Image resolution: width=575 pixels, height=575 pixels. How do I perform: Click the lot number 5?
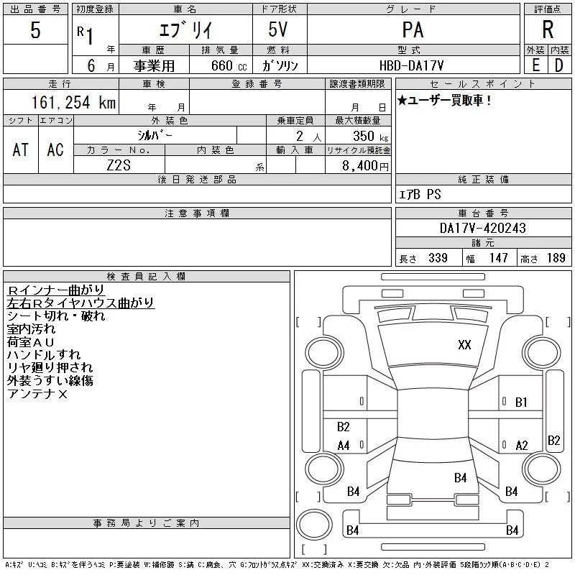35,29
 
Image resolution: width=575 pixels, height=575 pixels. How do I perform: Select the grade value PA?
413,29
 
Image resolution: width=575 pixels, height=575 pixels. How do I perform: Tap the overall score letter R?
548,29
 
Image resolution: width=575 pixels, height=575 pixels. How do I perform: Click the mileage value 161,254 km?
73,102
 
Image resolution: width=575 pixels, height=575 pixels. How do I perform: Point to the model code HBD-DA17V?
411,65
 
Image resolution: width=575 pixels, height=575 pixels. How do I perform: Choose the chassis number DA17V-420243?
482,228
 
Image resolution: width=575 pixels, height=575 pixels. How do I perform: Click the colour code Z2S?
119,165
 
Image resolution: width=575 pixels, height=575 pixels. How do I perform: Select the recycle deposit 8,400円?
365,166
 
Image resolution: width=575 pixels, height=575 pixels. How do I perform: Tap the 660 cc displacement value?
229,65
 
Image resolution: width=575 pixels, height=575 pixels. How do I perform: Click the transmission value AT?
21,149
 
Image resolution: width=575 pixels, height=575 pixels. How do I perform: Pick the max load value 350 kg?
370,136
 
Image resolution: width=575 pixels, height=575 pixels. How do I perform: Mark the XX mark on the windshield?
464,345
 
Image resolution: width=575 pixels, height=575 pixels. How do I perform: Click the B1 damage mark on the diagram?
521,402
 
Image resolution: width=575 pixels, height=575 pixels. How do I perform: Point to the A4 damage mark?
344,446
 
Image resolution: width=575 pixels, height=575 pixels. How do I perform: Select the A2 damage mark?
522,446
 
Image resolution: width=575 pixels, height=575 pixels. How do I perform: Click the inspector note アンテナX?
37,394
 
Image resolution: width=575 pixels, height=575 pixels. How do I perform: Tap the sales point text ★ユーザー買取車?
444,100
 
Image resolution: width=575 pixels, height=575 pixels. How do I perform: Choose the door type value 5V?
278,29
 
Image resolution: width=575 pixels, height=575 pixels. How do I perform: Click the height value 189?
556,258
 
